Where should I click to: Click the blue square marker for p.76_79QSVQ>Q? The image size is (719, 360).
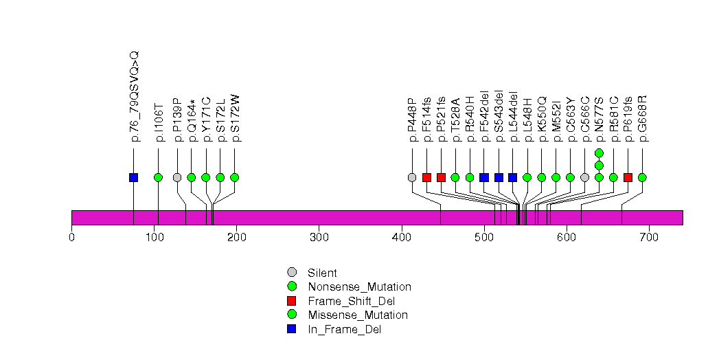pos(133,177)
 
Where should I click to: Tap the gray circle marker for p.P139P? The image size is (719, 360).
pos(177,177)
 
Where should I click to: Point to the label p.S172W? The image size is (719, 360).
pos(236,117)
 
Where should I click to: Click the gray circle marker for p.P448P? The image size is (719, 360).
pos(412,177)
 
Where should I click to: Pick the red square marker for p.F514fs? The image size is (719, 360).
pos(426,177)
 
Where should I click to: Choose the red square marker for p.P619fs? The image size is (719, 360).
pos(628,177)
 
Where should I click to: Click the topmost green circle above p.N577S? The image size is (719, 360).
pos(599,153)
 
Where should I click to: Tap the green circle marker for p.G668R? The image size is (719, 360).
pos(642,177)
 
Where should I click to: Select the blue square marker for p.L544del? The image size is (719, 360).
pos(512,177)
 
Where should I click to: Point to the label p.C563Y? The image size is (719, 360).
pos(571,119)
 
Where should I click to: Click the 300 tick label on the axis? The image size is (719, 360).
pos(319,237)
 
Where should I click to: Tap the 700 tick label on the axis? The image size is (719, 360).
pos(649,237)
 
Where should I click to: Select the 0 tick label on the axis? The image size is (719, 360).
pos(71,237)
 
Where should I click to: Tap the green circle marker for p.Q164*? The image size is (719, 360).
pos(192,177)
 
